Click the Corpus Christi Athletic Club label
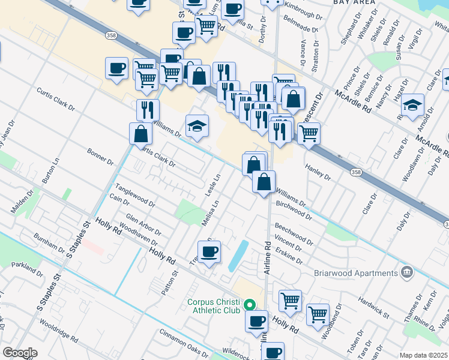click(214, 306)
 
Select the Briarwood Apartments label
click(356, 273)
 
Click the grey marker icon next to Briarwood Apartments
click(407, 273)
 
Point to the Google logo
click(20, 353)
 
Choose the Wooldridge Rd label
click(59, 330)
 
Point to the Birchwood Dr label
click(294, 210)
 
